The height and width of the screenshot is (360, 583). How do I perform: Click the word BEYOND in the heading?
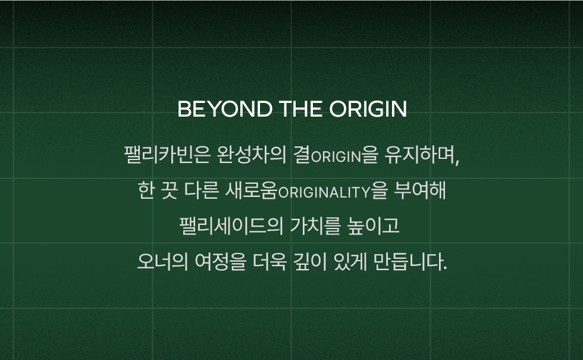click(225, 109)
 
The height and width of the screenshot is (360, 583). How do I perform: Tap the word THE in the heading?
click(300, 109)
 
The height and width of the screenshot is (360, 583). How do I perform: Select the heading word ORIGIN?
click(368, 109)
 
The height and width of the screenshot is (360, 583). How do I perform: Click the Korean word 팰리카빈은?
click(167, 155)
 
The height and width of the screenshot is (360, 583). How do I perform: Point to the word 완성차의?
click(251, 155)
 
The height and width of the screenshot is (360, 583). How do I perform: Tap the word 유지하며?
click(419, 155)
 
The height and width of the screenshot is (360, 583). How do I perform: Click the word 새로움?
click(251, 190)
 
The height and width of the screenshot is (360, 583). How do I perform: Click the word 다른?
click(201, 190)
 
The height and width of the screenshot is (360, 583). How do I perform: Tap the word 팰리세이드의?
click(231, 226)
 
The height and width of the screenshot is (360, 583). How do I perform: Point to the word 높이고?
click(373, 226)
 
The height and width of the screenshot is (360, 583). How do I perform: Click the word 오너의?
click(163, 261)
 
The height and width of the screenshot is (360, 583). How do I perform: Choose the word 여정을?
click(221, 261)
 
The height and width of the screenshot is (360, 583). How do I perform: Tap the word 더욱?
click(270, 261)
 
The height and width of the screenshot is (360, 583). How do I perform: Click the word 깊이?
click(311, 261)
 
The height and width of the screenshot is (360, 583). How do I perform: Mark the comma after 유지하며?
click(457, 161)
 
